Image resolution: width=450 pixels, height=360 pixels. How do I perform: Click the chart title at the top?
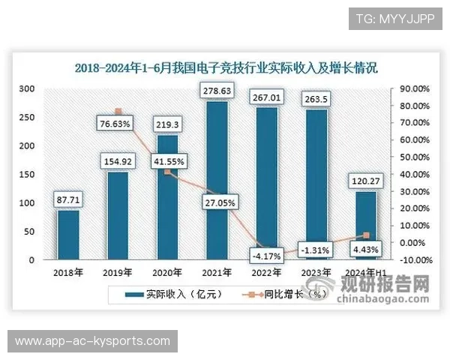pyautogui.click(x=226, y=67)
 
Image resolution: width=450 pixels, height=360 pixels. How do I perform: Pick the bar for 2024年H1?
pyautogui.click(x=365, y=225)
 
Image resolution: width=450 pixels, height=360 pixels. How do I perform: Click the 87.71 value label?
pyautogui.click(x=68, y=199)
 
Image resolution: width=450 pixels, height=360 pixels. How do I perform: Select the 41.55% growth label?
pyautogui.click(x=167, y=160)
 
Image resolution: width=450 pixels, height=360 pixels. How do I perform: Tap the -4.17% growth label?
pyautogui.click(x=266, y=256)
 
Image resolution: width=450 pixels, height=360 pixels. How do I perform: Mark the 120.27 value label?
pyautogui.click(x=365, y=181)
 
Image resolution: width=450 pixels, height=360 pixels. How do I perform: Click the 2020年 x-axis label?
pyautogui.click(x=167, y=272)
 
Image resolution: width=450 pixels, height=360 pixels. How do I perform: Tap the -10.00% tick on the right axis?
pyautogui.click(x=413, y=260)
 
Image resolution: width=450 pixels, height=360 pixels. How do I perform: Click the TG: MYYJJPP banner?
pyautogui.click(x=395, y=18)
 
